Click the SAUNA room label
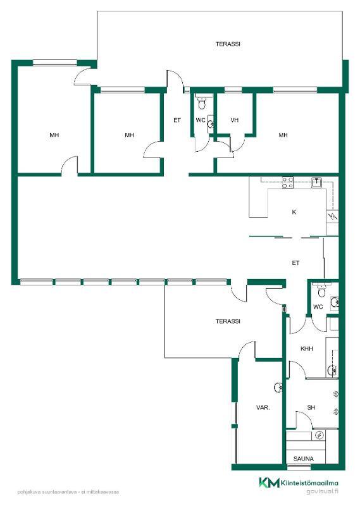coord(303,458)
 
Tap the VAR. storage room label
coord(263,407)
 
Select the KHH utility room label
coord(306,349)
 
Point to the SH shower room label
coord(311,407)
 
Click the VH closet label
coord(234,120)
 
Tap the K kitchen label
coord(294,212)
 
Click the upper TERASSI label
coord(228,44)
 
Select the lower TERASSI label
coord(228,321)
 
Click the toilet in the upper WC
coord(202,103)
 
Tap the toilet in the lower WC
coord(321,290)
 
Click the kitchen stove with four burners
coord(288,183)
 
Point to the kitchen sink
coord(316,183)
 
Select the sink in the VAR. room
coord(278,387)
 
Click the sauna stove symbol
coord(319,436)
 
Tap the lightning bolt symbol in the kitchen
coord(333,216)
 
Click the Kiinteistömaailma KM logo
coord(270,483)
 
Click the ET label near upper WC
coord(177,120)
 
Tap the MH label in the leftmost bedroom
coord(54,135)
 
